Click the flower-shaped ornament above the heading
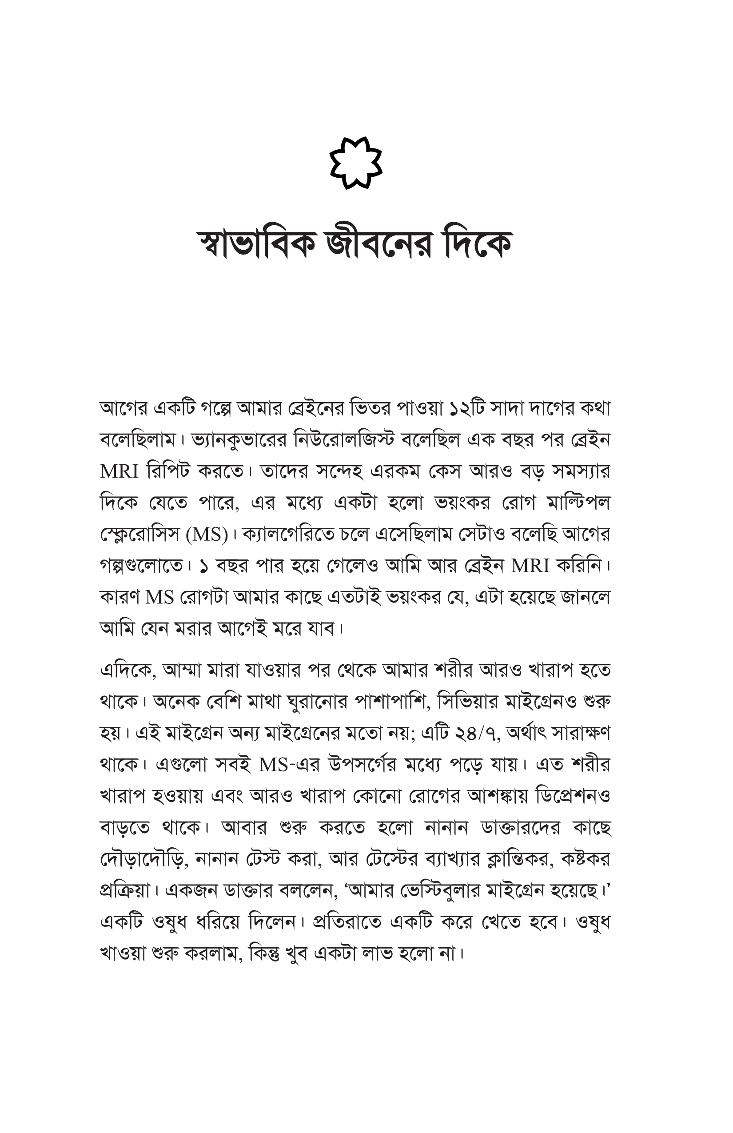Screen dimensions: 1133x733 tap(355, 162)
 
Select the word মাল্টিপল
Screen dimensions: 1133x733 tap(578, 503)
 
